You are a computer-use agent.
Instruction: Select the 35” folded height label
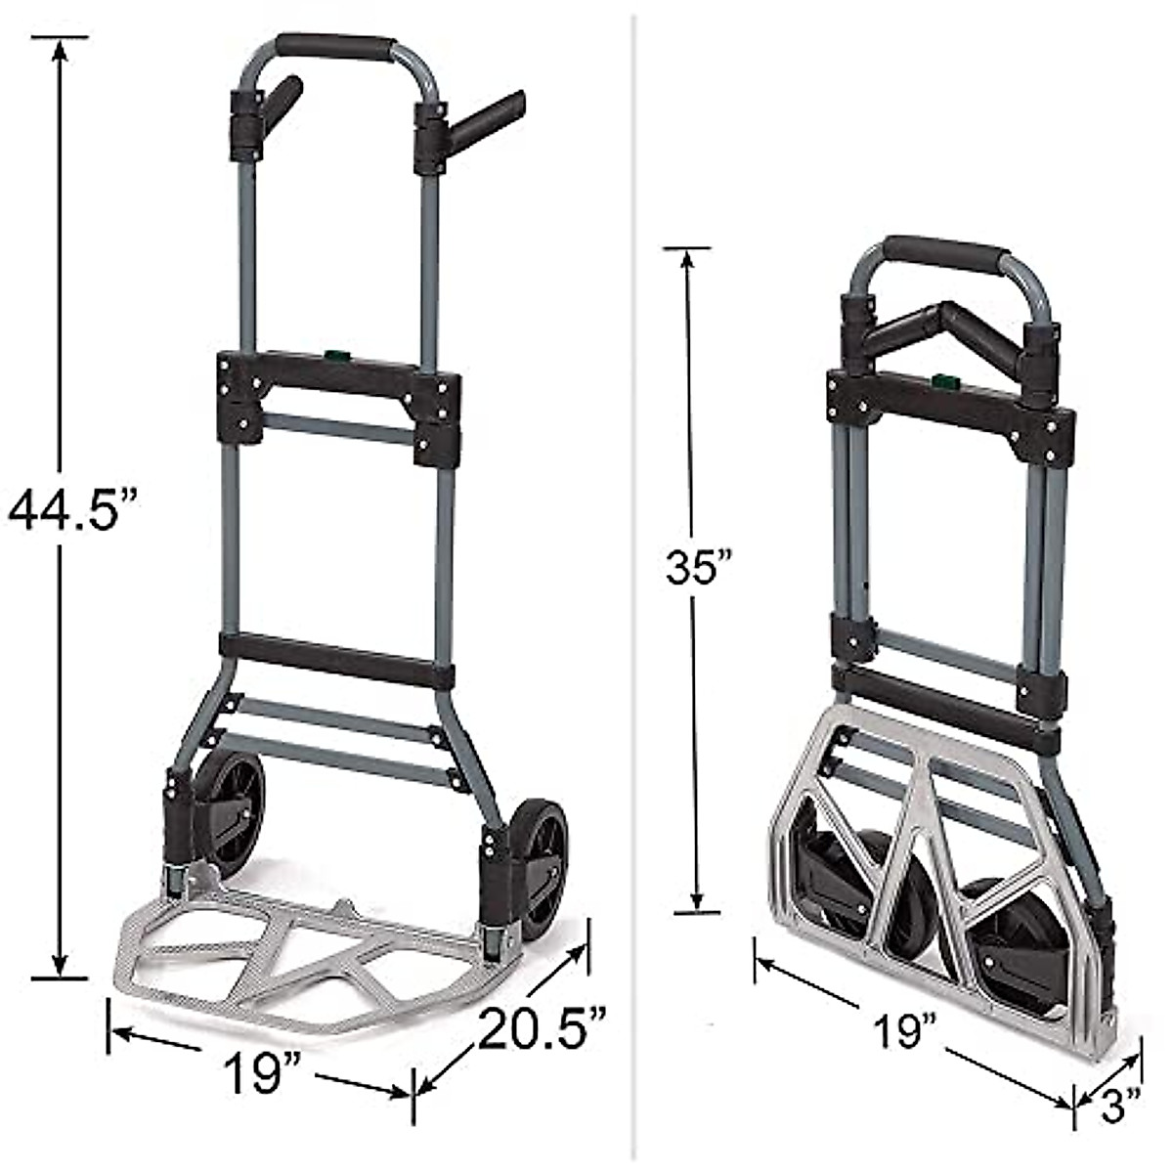click(699, 567)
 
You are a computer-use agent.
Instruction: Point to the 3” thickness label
click(1119, 1107)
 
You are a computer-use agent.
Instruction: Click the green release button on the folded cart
click(945, 380)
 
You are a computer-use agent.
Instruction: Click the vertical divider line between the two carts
click(635, 586)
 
